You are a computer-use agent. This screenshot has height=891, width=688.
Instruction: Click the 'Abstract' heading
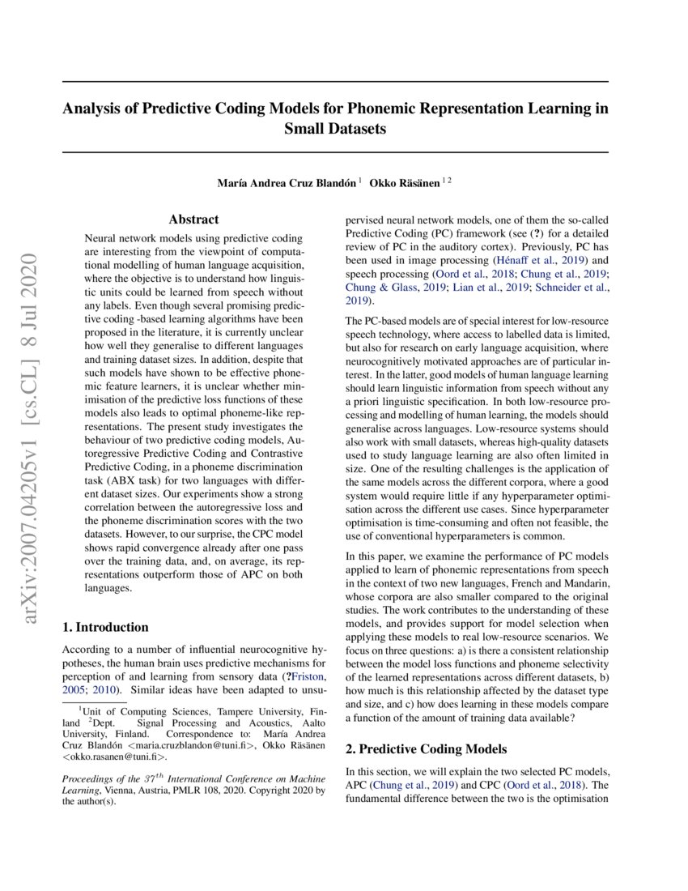pos(193,220)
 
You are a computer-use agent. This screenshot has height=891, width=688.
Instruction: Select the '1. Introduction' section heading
pos(105,627)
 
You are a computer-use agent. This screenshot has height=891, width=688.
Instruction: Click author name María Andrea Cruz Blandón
pos(286,183)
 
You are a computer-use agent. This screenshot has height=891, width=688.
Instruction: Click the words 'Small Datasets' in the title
pos(335,129)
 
